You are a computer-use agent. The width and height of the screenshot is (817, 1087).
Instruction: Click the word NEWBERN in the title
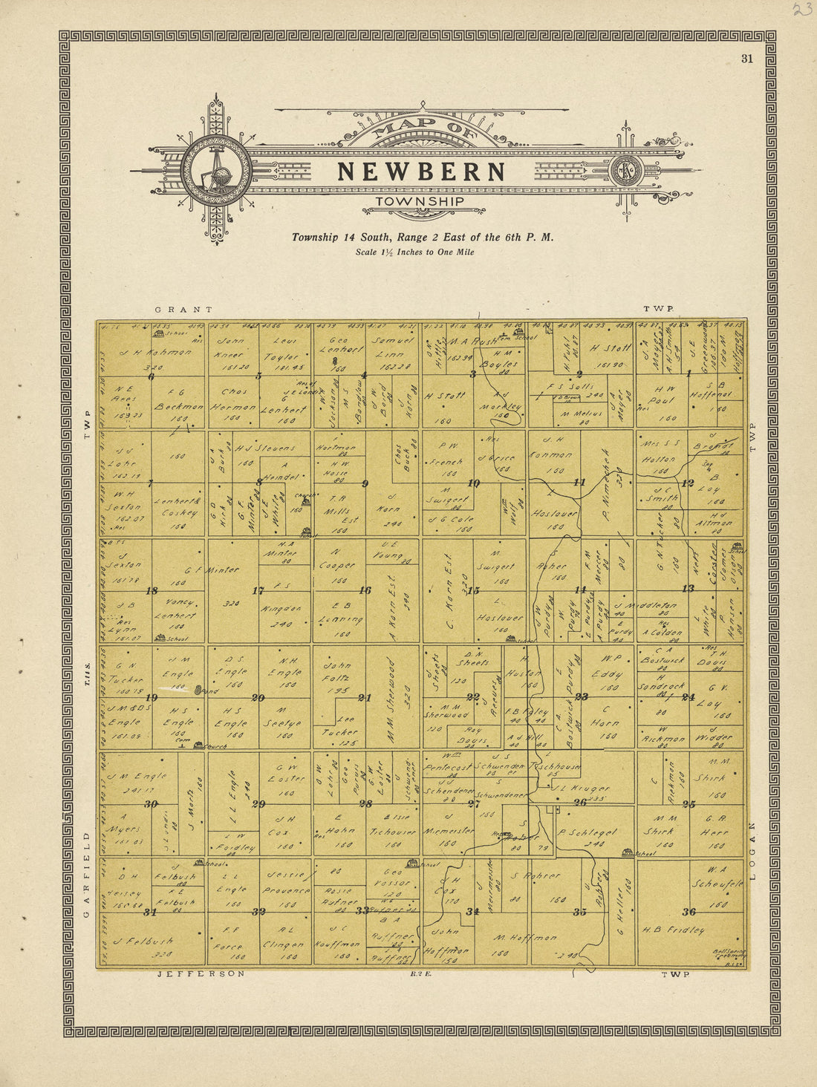[421, 172]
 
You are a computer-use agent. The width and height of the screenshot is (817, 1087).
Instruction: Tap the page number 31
[746, 59]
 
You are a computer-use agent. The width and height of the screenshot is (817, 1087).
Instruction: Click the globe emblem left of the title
[216, 170]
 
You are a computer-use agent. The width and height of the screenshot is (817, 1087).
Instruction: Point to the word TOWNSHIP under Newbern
[420, 201]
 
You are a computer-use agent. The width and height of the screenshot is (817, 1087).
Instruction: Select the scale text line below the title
[414, 252]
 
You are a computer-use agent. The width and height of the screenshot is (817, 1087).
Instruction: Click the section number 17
[258, 591]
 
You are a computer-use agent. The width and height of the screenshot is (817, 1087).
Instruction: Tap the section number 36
[689, 912]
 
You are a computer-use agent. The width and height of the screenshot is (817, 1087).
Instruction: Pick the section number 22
[472, 696]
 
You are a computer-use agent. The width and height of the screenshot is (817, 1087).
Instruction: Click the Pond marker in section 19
[200, 691]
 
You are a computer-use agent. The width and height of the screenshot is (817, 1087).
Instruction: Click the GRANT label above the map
[183, 310]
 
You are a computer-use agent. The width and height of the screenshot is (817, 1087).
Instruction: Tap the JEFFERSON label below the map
[201, 973]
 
